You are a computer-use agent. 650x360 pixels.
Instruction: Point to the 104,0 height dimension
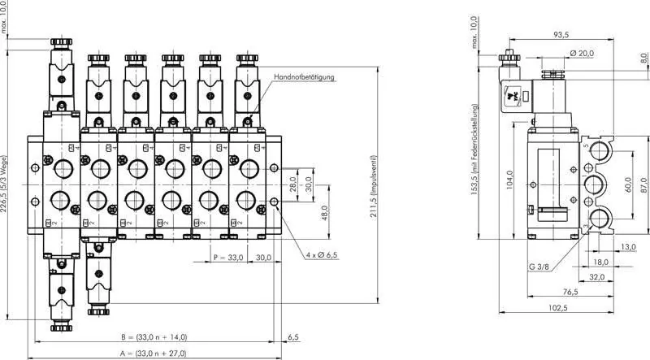pos(509,179)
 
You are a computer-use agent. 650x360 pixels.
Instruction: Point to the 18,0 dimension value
pos(600,262)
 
